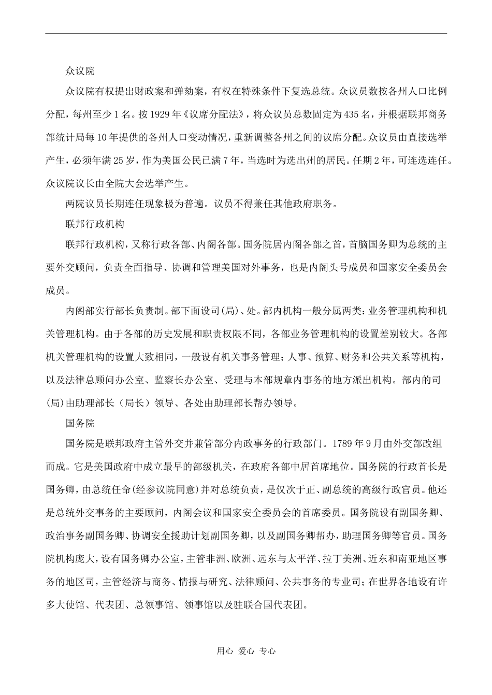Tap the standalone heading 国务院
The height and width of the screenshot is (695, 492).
(80, 424)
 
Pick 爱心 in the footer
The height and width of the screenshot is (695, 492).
(246, 651)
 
